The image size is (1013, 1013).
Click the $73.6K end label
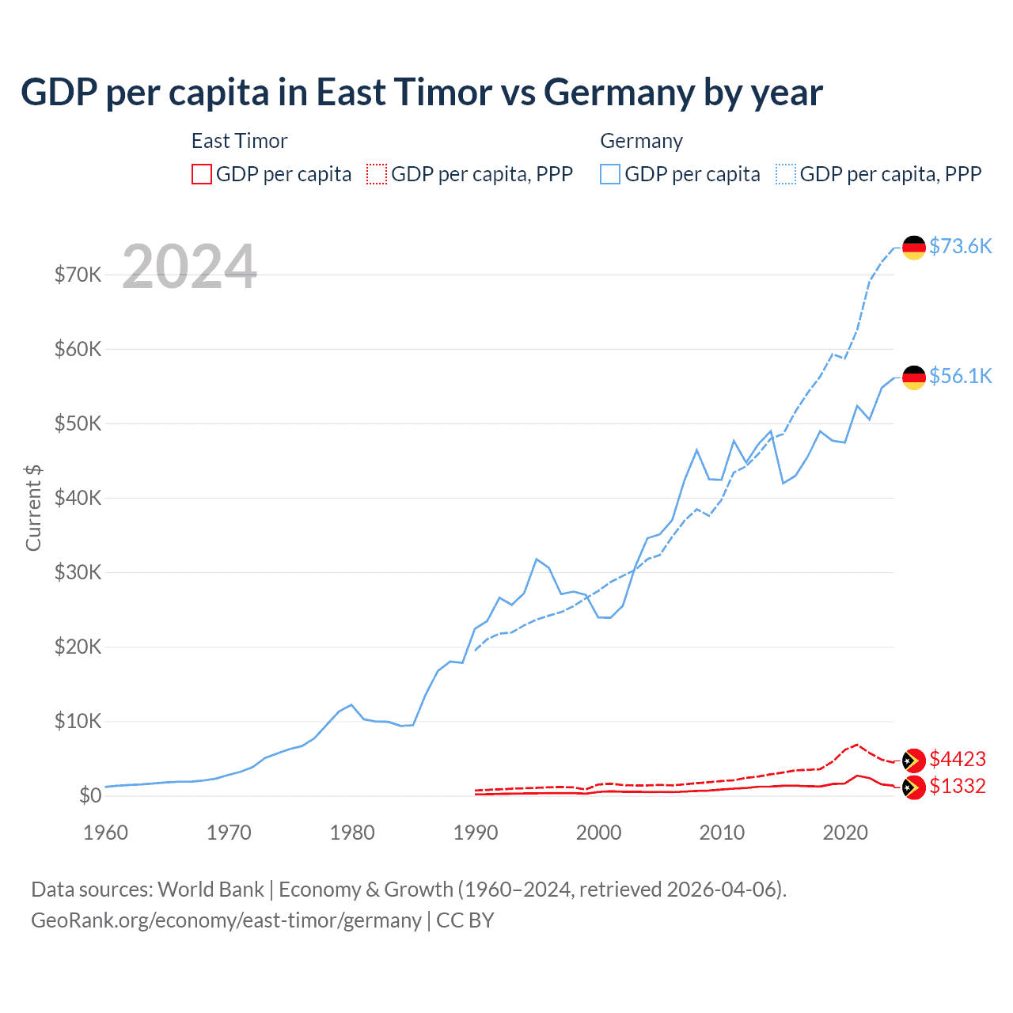pyautogui.click(x=960, y=246)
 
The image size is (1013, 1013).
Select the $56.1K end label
pyautogui.click(x=960, y=376)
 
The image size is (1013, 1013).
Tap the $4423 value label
pyautogui.click(x=957, y=759)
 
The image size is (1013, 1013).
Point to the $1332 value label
pyautogui.click(x=957, y=786)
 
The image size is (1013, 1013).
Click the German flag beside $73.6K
pyautogui.click(x=914, y=247)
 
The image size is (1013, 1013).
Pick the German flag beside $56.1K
pyautogui.click(x=914, y=377)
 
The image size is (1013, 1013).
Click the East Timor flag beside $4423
pyautogui.click(x=914, y=761)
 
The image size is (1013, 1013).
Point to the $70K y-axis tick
pyautogui.click(x=78, y=275)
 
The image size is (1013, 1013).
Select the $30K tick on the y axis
pyautogui.click(x=78, y=572)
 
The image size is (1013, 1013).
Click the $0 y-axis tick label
pyautogui.click(x=90, y=795)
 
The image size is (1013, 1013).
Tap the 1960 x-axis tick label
pyautogui.click(x=105, y=833)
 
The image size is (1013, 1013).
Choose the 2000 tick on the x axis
pyautogui.click(x=598, y=833)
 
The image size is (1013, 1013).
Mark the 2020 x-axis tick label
pyautogui.click(x=845, y=833)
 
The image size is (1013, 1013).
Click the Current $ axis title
pyautogui.click(x=33, y=507)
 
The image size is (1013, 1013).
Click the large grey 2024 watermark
pyautogui.click(x=190, y=267)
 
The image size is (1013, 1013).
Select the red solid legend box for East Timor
pyautogui.click(x=202, y=174)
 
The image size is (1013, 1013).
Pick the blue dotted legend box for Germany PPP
pyautogui.click(x=786, y=174)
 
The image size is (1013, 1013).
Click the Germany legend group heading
pyautogui.click(x=641, y=141)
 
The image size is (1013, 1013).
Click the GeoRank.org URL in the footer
pyautogui.click(x=226, y=920)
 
